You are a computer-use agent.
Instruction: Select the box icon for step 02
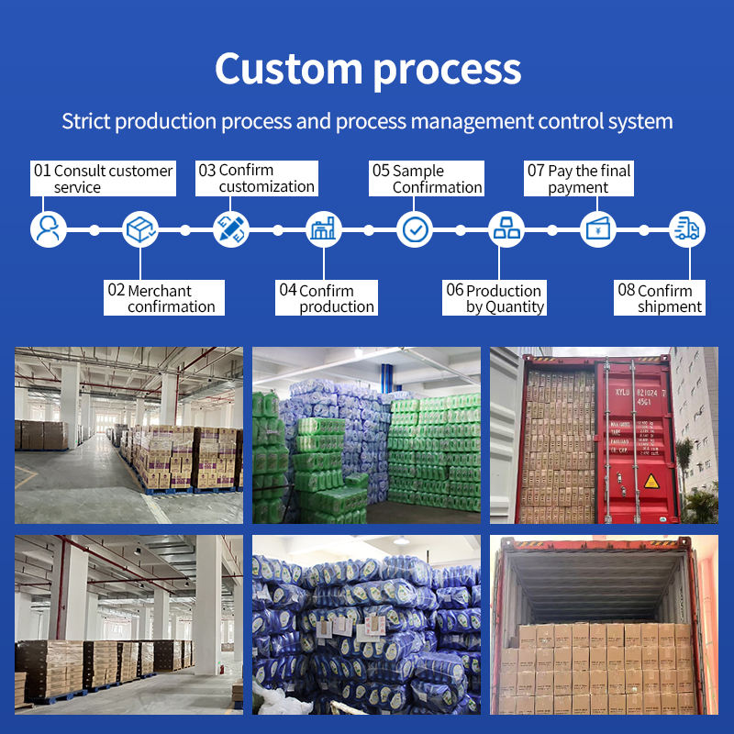(x=139, y=228)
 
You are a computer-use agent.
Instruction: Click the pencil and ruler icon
(x=231, y=228)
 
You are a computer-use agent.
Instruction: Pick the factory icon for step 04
(x=322, y=228)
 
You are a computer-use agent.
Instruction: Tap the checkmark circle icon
(x=415, y=228)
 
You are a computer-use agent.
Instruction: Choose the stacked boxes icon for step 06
(x=506, y=228)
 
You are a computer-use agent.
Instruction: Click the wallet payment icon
(x=597, y=228)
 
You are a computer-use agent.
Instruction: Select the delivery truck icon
(x=686, y=228)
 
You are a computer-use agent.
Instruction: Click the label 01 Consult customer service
(x=103, y=179)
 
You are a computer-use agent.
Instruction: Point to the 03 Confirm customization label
(x=257, y=178)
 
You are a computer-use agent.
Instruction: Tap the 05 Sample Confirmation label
(x=427, y=179)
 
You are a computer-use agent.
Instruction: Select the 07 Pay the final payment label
(x=579, y=179)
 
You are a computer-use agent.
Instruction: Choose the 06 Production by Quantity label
(x=495, y=298)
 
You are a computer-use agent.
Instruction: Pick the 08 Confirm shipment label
(x=661, y=298)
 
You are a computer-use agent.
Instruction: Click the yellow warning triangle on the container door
(x=651, y=481)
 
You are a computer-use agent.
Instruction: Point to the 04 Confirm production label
(x=327, y=298)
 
